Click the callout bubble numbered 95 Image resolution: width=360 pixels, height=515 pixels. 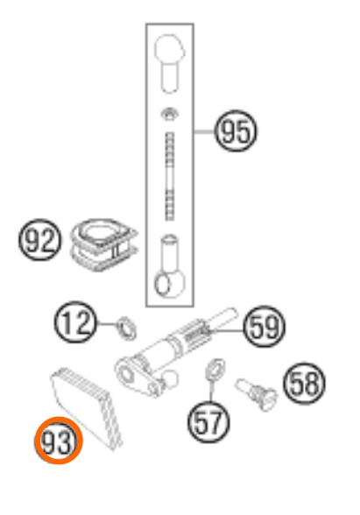tap(236, 131)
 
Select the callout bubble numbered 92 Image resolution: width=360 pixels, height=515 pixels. tap(39, 240)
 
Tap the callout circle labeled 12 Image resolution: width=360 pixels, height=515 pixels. tap(75, 322)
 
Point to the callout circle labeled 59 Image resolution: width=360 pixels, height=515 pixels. tap(265, 327)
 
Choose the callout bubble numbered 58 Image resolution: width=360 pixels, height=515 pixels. tap(304, 384)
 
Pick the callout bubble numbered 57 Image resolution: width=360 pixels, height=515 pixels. tap(208, 422)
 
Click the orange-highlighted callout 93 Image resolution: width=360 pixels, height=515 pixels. tap(59, 441)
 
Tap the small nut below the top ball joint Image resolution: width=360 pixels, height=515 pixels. tap(170, 115)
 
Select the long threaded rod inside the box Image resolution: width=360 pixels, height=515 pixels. tap(170, 176)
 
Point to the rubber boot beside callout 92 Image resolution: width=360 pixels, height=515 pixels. tap(103, 244)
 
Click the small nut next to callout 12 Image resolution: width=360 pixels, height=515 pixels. tap(127, 328)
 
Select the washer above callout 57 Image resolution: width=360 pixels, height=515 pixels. tap(215, 370)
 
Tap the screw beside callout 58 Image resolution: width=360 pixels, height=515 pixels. tap(257, 394)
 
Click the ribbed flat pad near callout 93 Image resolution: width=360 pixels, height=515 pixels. tap(87, 408)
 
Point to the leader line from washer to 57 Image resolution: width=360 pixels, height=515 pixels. tap(210, 391)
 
